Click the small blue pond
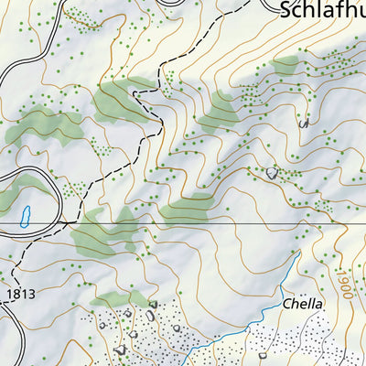[x=27, y=216]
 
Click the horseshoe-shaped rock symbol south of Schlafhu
[x=303, y=122]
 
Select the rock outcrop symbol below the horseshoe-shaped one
[x=272, y=171]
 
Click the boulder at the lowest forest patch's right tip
[x=152, y=304]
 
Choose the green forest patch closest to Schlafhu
[x=286, y=65]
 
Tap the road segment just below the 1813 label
[x=11, y=316]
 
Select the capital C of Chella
[x=286, y=304]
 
